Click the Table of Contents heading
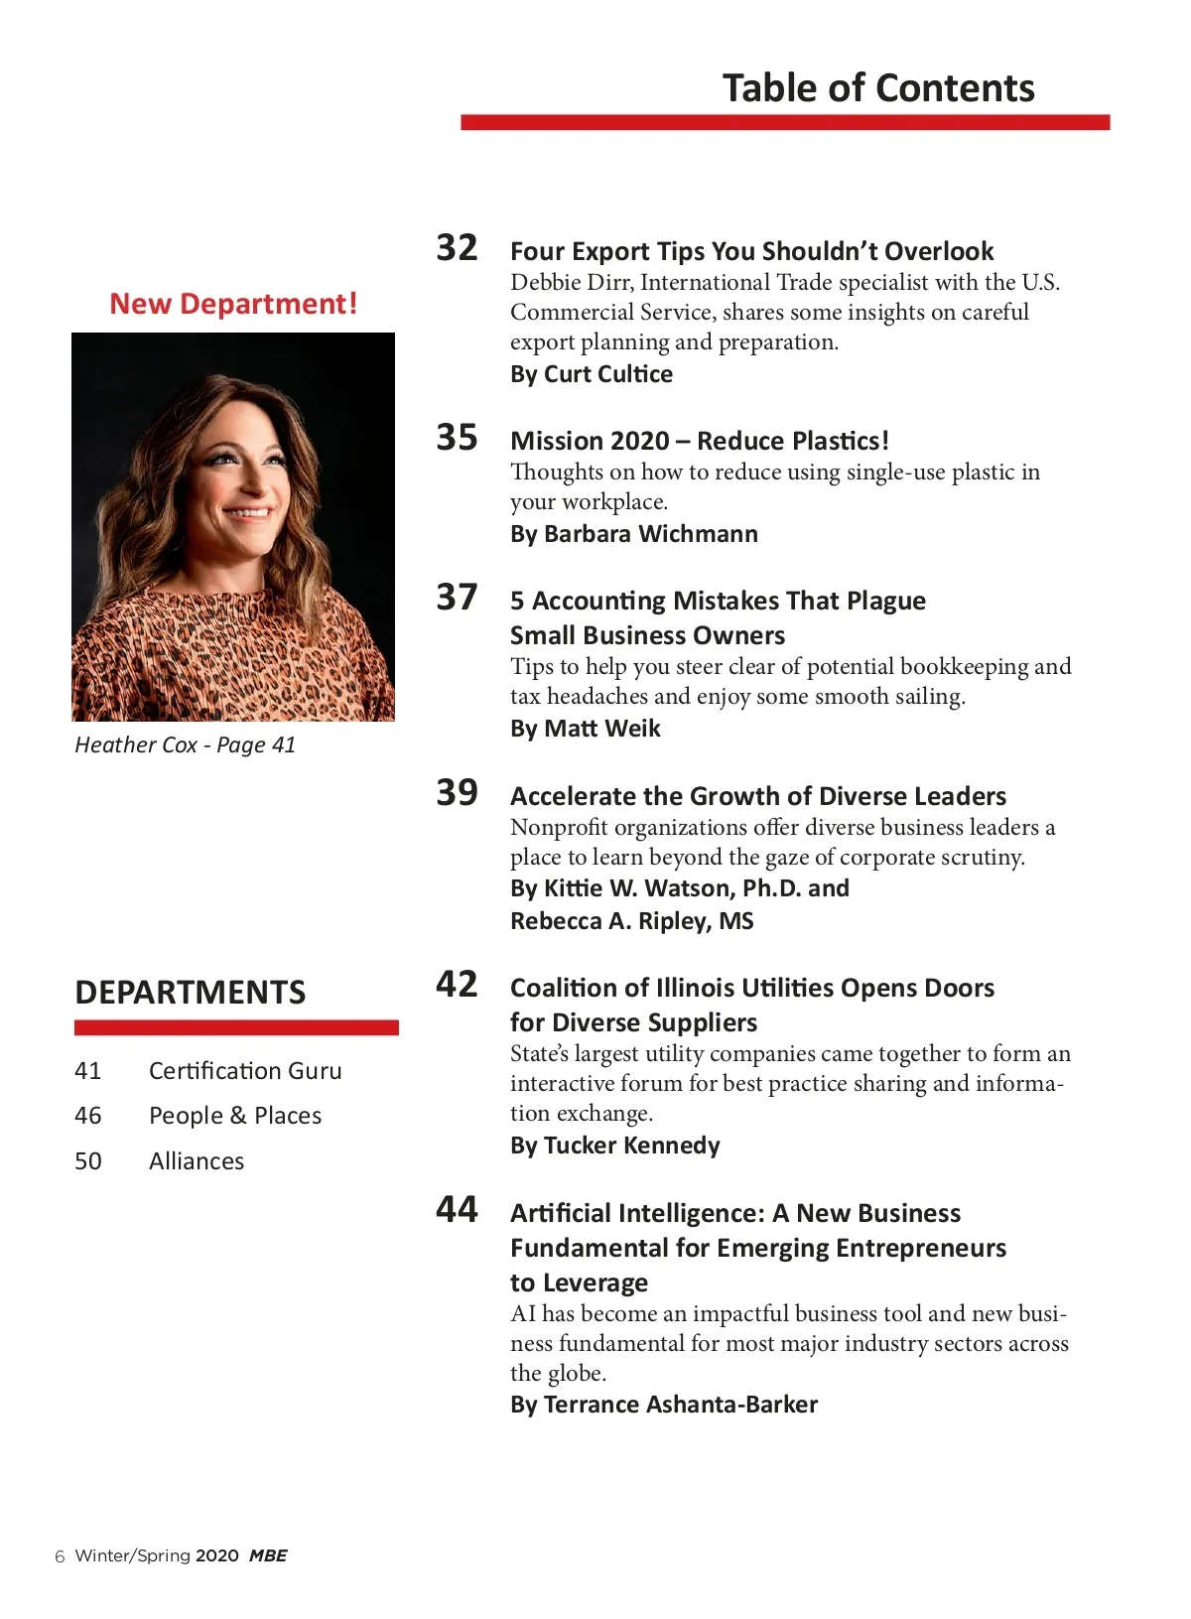(878, 88)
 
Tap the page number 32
(457, 247)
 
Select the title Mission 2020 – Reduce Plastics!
(699, 441)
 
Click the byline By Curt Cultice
(591, 374)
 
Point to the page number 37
(457, 597)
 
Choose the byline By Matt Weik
(585, 729)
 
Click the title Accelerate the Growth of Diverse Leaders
(757, 796)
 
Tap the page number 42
(457, 984)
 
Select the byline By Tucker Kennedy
(614, 1146)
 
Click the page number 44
(457, 1209)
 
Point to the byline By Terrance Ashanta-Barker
(663, 1405)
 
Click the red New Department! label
(233, 304)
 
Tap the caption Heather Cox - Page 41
(186, 745)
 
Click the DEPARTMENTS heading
(191, 993)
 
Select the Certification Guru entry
(245, 1071)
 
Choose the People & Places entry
(235, 1116)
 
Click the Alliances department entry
(197, 1161)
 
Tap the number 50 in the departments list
(88, 1161)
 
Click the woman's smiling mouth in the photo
(249, 513)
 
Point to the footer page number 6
(60, 1556)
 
